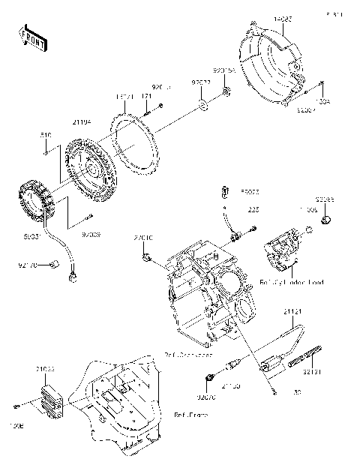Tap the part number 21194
(x=82, y=122)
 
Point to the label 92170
(x=28, y=263)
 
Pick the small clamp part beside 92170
(x=55, y=262)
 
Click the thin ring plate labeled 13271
(x=124, y=97)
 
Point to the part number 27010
(x=144, y=238)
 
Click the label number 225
(x=253, y=211)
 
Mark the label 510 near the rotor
(x=46, y=135)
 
